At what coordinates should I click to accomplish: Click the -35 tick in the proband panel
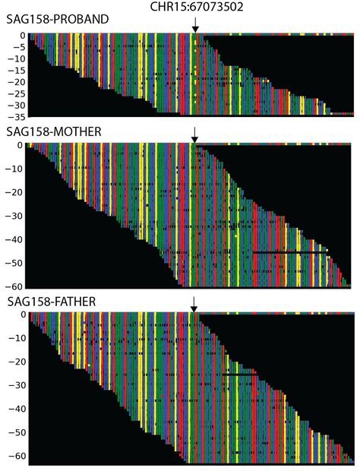click(15, 117)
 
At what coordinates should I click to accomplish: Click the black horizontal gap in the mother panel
click(290, 251)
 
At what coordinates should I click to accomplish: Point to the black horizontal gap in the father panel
click(238, 374)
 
